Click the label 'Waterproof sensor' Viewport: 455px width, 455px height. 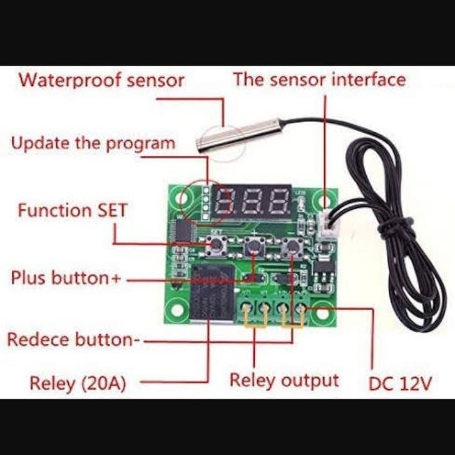click(101, 81)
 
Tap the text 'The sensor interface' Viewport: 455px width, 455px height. click(319, 80)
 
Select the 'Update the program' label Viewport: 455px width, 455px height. click(93, 143)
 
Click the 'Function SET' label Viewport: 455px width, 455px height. click(72, 211)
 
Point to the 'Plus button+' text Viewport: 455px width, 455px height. click(66, 278)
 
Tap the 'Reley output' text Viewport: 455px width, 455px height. click(284, 380)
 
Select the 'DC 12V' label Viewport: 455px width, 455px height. click(400, 383)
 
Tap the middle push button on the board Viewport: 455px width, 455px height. click(253, 246)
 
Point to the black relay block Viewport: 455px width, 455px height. click(211, 292)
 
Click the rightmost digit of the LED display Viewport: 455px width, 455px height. click(280, 202)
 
